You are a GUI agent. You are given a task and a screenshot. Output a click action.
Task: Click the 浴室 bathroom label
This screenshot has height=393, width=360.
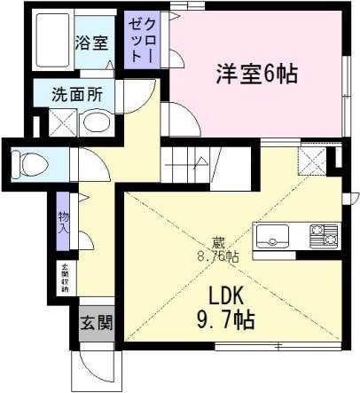[92, 41]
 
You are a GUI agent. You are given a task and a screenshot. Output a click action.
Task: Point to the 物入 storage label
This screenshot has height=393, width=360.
[62, 223]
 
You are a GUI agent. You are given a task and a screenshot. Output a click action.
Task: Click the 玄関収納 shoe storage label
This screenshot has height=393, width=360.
[64, 278]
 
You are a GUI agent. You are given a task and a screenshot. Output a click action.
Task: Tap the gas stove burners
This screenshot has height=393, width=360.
[322, 237]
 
